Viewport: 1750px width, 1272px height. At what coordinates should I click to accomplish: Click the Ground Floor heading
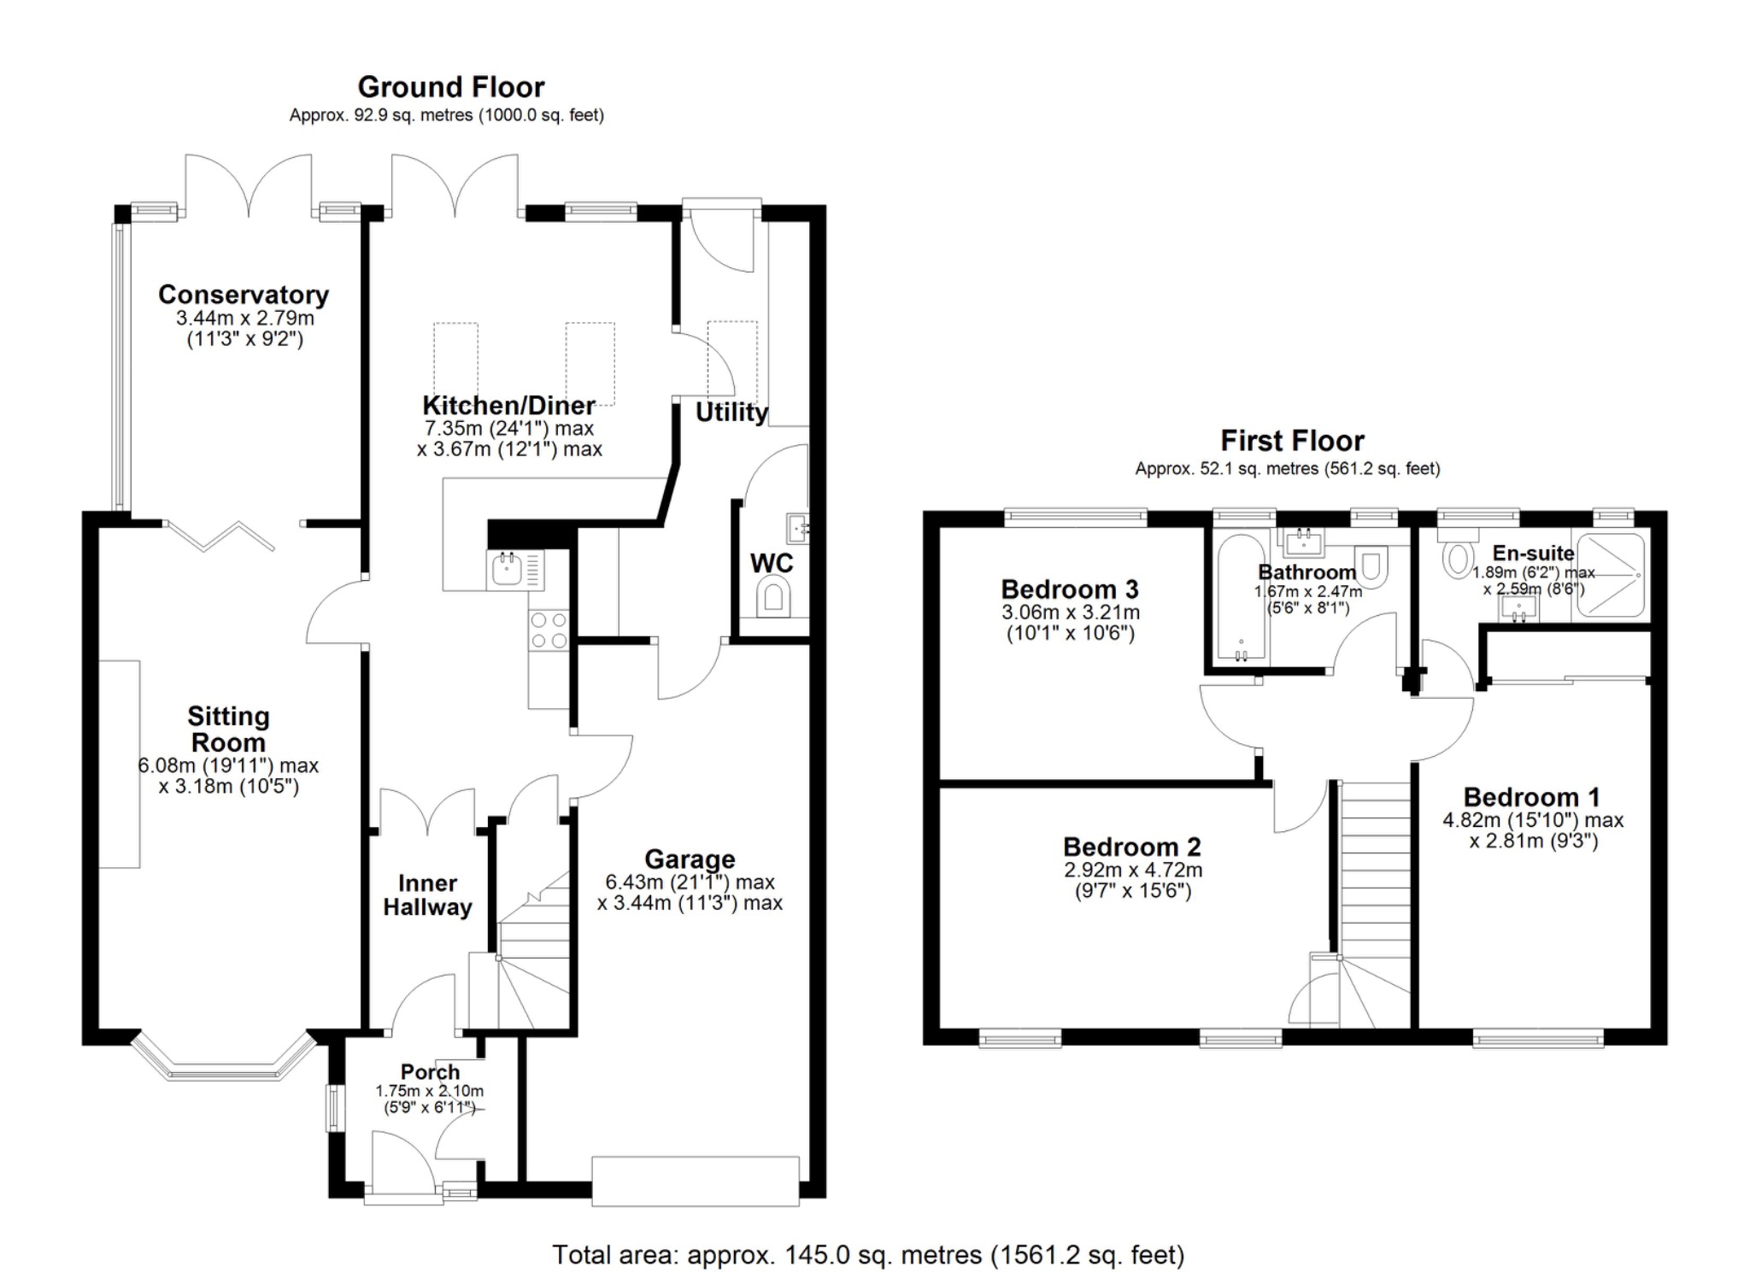point(450,87)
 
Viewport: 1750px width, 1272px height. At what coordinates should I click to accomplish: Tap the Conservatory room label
point(244,295)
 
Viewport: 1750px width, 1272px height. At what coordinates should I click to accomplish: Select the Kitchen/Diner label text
point(508,405)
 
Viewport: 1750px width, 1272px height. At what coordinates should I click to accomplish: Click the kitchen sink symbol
point(506,569)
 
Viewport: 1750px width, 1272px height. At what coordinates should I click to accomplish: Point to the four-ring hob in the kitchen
point(549,630)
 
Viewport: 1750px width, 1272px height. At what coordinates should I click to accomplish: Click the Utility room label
point(731,413)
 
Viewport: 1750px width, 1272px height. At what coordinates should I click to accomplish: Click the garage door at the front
point(696,1181)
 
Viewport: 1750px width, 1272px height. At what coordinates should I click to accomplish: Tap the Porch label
point(430,1071)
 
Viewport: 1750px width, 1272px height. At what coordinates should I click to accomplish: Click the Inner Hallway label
point(427,895)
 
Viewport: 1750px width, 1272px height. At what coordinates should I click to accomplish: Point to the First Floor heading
point(1292,441)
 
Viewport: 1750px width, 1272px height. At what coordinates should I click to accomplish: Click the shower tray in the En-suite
point(1609,575)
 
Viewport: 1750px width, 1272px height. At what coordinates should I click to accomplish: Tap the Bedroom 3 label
point(1070,589)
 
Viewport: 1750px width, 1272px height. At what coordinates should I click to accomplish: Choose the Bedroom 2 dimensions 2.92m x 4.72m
point(1132,870)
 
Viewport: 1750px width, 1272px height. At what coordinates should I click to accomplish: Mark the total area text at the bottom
point(868,1255)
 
